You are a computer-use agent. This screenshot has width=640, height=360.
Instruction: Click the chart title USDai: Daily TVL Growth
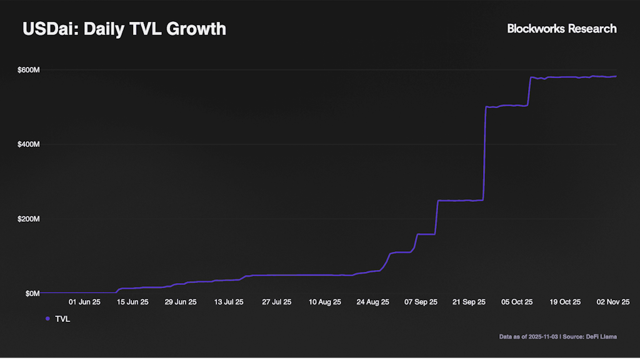124,29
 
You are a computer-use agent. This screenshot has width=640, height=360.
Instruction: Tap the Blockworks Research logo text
561,29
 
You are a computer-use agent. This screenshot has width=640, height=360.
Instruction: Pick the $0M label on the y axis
32,293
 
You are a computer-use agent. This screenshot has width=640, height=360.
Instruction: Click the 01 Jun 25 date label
84,302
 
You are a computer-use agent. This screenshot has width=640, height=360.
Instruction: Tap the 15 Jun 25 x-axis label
132,302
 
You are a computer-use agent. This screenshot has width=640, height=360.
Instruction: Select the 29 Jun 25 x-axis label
181,302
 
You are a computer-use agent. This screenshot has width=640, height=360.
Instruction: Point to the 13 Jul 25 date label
229,302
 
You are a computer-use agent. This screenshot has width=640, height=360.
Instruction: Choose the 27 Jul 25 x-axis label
277,302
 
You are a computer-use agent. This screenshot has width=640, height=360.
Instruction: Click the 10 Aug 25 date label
325,302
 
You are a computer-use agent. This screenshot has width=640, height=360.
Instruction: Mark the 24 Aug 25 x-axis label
373,302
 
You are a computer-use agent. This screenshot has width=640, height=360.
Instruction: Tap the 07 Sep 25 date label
421,302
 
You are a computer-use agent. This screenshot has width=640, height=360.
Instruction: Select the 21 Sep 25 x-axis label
469,302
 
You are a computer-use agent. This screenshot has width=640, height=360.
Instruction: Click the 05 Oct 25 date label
517,302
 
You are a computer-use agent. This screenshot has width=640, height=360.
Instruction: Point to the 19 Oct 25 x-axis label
566,302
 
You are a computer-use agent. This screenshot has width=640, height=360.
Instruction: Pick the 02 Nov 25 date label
614,302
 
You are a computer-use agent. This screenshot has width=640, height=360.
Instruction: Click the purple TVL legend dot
47,319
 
